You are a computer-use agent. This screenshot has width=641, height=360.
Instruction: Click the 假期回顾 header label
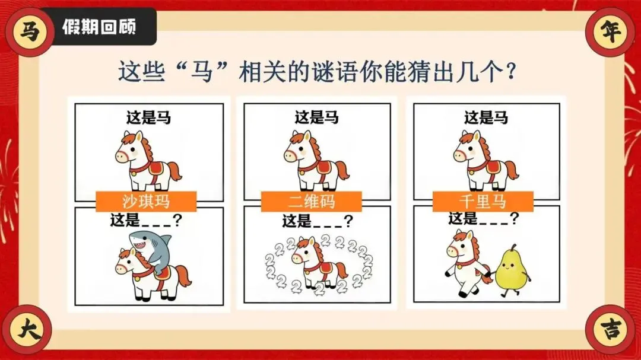(99, 27)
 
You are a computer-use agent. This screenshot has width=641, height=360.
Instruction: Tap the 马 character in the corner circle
(29, 31)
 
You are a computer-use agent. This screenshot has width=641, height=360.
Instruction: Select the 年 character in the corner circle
(611, 31)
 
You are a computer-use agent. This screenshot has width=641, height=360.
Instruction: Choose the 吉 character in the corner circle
(611, 329)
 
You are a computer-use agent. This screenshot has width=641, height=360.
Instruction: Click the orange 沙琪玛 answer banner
(146, 201)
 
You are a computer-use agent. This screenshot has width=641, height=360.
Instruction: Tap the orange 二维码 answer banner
(312, 202)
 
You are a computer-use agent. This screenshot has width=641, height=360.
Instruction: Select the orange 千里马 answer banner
(483, 202)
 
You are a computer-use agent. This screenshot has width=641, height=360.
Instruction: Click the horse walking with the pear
(468, 263)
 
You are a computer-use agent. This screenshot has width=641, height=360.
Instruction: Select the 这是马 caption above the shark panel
(149, 117)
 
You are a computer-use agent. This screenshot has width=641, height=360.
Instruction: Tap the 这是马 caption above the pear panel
(486, 117)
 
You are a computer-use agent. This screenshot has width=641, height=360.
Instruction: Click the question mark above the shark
(177, 220)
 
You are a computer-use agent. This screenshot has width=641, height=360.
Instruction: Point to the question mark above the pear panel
(515, 218)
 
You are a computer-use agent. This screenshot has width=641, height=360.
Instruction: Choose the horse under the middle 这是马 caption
(316, 161)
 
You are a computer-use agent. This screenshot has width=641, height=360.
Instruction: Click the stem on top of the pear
(513, 248)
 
